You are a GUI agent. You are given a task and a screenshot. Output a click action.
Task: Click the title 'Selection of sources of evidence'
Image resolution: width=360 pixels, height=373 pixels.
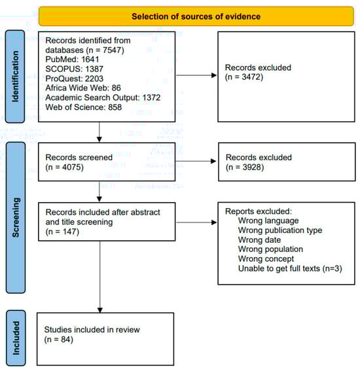tap(196, 16)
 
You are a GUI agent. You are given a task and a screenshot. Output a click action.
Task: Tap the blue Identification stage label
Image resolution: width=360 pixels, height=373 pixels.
tap(15, 77)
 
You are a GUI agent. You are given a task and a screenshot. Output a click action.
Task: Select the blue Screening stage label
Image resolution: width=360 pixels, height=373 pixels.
tap(16, 217)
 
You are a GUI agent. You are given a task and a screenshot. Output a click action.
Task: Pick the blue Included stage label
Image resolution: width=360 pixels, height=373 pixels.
tap(16, 338)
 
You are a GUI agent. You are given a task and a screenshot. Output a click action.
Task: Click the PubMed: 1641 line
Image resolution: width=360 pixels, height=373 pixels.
tap(72, 60)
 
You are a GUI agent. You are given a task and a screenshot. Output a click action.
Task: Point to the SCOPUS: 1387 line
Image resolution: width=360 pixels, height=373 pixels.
tap(74, 69)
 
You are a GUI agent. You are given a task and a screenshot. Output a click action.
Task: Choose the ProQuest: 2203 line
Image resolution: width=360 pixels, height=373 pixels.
tap(74, 79)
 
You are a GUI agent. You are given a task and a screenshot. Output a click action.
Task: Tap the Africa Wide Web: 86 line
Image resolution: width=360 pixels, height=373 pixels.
tap(83, 88)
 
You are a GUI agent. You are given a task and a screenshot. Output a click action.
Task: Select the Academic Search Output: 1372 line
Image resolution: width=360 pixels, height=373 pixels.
tap(103, 98)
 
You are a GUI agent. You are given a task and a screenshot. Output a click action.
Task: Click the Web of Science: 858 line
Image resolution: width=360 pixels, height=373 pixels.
tap(84, 107)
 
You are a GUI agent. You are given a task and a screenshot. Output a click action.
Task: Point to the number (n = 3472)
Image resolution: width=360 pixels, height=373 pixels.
tap(244, 77)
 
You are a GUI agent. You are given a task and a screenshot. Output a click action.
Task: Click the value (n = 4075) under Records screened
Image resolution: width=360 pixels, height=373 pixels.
tap(65, 167)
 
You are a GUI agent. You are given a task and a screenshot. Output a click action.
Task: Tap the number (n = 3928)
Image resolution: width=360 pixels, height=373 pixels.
tap(245, 167)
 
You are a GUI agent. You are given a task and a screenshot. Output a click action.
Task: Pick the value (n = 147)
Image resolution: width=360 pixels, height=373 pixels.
tap(62, 232)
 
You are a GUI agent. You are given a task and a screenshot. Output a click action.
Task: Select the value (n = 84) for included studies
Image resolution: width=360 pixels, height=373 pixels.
tap(58, 339)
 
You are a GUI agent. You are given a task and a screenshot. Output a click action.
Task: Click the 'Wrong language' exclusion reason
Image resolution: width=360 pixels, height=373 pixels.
tap(268, 221)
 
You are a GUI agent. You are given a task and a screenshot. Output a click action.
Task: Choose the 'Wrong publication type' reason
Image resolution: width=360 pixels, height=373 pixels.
tap(280, 230)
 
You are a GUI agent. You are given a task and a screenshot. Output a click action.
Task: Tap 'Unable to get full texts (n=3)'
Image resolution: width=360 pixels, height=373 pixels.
tap(290, 268)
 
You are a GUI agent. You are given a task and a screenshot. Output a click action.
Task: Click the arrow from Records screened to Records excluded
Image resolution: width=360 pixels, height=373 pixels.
tap(196, 161)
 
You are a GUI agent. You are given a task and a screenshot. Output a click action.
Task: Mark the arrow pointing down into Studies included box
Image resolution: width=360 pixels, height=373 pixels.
tap(100, 277)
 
